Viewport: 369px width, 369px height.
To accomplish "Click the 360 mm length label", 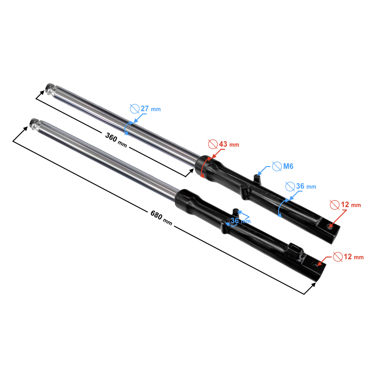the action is pyautogui.click(x=116, y=140).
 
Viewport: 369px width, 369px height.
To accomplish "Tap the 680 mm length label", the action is pyautogui.click(x=161, y=218).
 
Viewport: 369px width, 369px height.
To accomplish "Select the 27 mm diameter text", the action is pyautogui.click(x=151, y=109).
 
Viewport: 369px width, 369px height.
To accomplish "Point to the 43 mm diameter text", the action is pyautogui.click(x=229, y=144).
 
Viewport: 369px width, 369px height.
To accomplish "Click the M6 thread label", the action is pyautogui.click(x=288, y=167).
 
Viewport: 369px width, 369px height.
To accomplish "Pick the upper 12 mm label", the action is pyautogui.click(x=351, y=205).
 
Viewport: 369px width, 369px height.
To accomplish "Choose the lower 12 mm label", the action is pyautogui.click(x=354, y=256).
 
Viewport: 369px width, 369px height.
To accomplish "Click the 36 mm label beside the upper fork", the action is pyautogui.click(x=306, y=186).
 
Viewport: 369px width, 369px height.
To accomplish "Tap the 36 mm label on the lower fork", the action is pyautogui.click(x=240, y=221).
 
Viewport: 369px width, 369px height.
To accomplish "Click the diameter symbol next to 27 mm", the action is pyautogui.click(x=135, y=109).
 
